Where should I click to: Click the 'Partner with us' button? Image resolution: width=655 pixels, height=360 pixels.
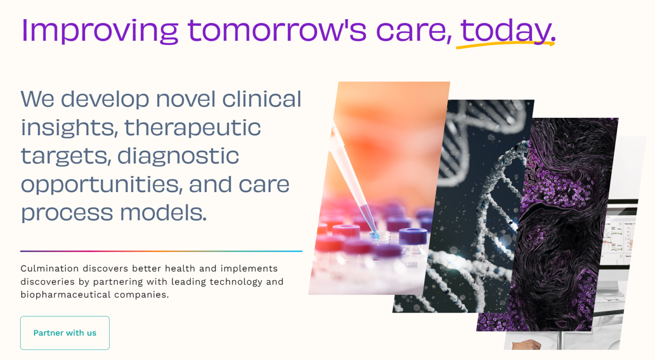pyautogui.click(x=65, y=333)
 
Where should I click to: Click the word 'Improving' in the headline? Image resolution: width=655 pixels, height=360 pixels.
pyautogui.click(x=100, y=31)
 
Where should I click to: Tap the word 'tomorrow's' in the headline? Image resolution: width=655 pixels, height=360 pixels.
pyautogui.click(x=277, y=30)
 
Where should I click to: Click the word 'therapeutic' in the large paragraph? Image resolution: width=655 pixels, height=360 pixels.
pyautogui.click(x=193, y=127)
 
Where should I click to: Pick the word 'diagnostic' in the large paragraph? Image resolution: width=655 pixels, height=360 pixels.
pyautogui.click(x=178, y=156)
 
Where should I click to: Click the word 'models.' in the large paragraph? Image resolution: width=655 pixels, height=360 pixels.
pyautogui.click(x=163, y=212)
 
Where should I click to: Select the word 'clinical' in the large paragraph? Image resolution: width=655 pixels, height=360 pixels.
pyautogui.click(x=262, y=99)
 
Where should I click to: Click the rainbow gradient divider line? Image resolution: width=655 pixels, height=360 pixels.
pyautogui.click(x=161, y=251)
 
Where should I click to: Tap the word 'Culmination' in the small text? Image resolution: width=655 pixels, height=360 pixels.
pyautogui.click(x=50, y=268)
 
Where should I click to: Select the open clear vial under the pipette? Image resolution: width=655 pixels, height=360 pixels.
pyautogui.click(x=380, y=237)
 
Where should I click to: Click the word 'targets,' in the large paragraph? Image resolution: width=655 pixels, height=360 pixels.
pyautogui.click(x=66, y=156)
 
